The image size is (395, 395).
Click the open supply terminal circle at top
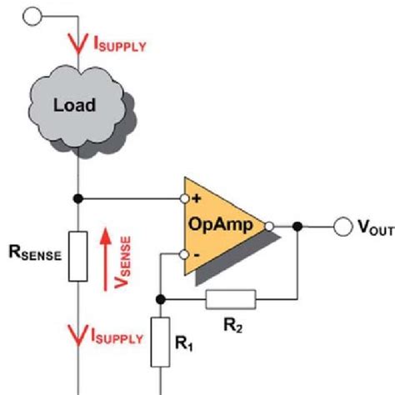32,17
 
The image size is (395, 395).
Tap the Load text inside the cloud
74,105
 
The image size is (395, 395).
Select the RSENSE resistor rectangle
78,256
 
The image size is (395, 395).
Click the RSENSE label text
35,252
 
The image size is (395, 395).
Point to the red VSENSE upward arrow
106,259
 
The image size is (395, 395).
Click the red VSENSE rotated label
122,262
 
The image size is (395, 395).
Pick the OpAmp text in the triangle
221,224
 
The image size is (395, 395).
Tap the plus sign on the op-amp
197,198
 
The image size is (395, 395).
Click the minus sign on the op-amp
197,255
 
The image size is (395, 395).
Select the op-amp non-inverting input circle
184,198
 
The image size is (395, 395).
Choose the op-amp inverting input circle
184,255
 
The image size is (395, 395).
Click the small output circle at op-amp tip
269,227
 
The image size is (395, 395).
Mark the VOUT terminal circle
343,227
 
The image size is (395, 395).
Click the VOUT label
376,227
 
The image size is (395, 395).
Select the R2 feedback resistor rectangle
231,299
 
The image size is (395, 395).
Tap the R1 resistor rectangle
160,342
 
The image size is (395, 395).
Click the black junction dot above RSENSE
78,198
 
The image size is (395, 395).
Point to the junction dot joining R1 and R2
160,299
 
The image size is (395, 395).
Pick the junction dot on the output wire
297,227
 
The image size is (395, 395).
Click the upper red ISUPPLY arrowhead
78,43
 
